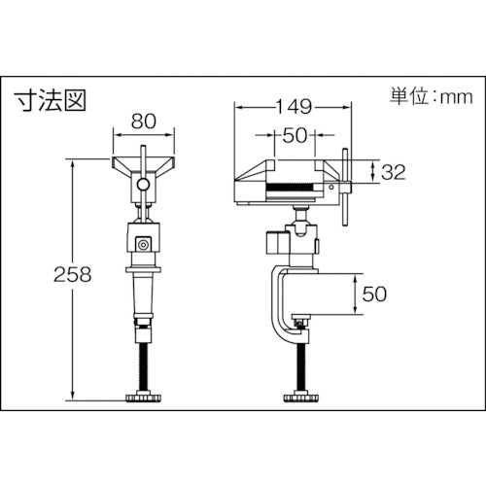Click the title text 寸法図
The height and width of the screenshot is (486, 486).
[x=51, y=100]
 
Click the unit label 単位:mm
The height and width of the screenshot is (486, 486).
[x=432, y=96]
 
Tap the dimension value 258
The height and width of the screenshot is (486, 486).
[x=73, y=274]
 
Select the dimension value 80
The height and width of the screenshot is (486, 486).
[x=144, y=121]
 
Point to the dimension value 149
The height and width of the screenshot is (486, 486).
[x=294, y=106]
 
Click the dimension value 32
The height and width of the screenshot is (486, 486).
[x=394, y=172]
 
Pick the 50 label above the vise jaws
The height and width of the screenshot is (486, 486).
[x=295, y=135]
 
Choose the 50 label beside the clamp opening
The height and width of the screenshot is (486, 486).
[x=374, y=294]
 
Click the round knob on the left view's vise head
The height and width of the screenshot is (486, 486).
[x=143, y=185]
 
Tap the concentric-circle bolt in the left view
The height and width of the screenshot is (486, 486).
[x=143, y=245]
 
